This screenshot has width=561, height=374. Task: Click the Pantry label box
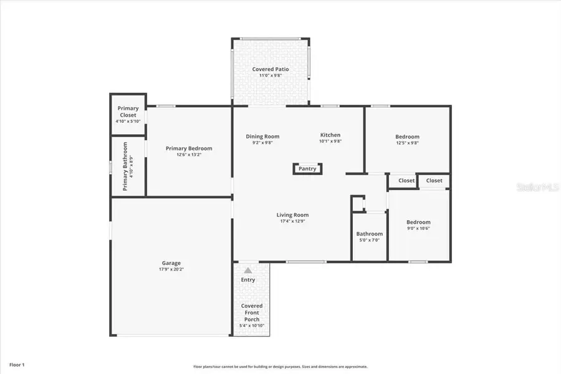pos(307,168)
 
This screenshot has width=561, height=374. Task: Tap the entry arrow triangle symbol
pos(248,271)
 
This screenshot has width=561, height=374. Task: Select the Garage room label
pos(171,263)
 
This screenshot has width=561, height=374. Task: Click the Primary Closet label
pos(128,112)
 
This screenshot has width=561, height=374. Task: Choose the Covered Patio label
pos(267,69)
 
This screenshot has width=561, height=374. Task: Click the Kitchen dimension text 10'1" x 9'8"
pos(330,141)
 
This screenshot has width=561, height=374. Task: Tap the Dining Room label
pos(262,136)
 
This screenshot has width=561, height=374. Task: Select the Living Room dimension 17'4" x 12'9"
pos(292,222)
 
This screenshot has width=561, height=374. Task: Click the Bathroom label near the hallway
pos(369,234)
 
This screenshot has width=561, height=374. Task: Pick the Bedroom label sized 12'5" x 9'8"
pos(407,137)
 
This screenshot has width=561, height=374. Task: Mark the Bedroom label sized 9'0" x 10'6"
pos(418,222)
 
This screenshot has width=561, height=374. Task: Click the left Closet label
pos(406,181)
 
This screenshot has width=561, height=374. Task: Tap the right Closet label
pos(434,181)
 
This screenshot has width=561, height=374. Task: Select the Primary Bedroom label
pos(189,148)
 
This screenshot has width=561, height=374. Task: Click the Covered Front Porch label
pos(251,313)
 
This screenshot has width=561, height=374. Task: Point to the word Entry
pos(248,280)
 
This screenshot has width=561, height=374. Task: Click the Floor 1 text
pos(17,364)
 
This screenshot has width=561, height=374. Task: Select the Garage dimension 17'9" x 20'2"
pos(171,269)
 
